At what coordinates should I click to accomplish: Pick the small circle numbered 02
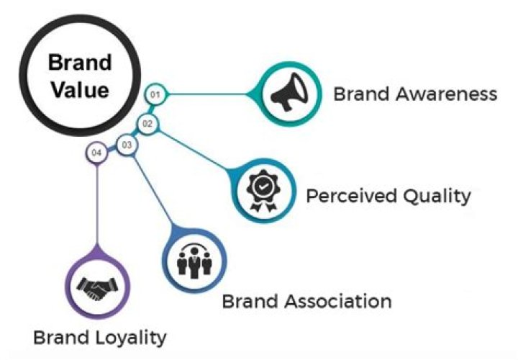(x=147, y=124)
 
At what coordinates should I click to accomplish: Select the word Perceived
(x=346, y=196)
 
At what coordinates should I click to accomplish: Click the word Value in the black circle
(x=79, y=91)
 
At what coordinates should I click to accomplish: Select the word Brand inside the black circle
(x=79, y=63)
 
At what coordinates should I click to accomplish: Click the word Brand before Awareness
(x=359, y=94)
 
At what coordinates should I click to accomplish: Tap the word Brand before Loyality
(x=58, y=336)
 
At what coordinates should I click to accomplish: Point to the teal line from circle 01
(x=209, y=94)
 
